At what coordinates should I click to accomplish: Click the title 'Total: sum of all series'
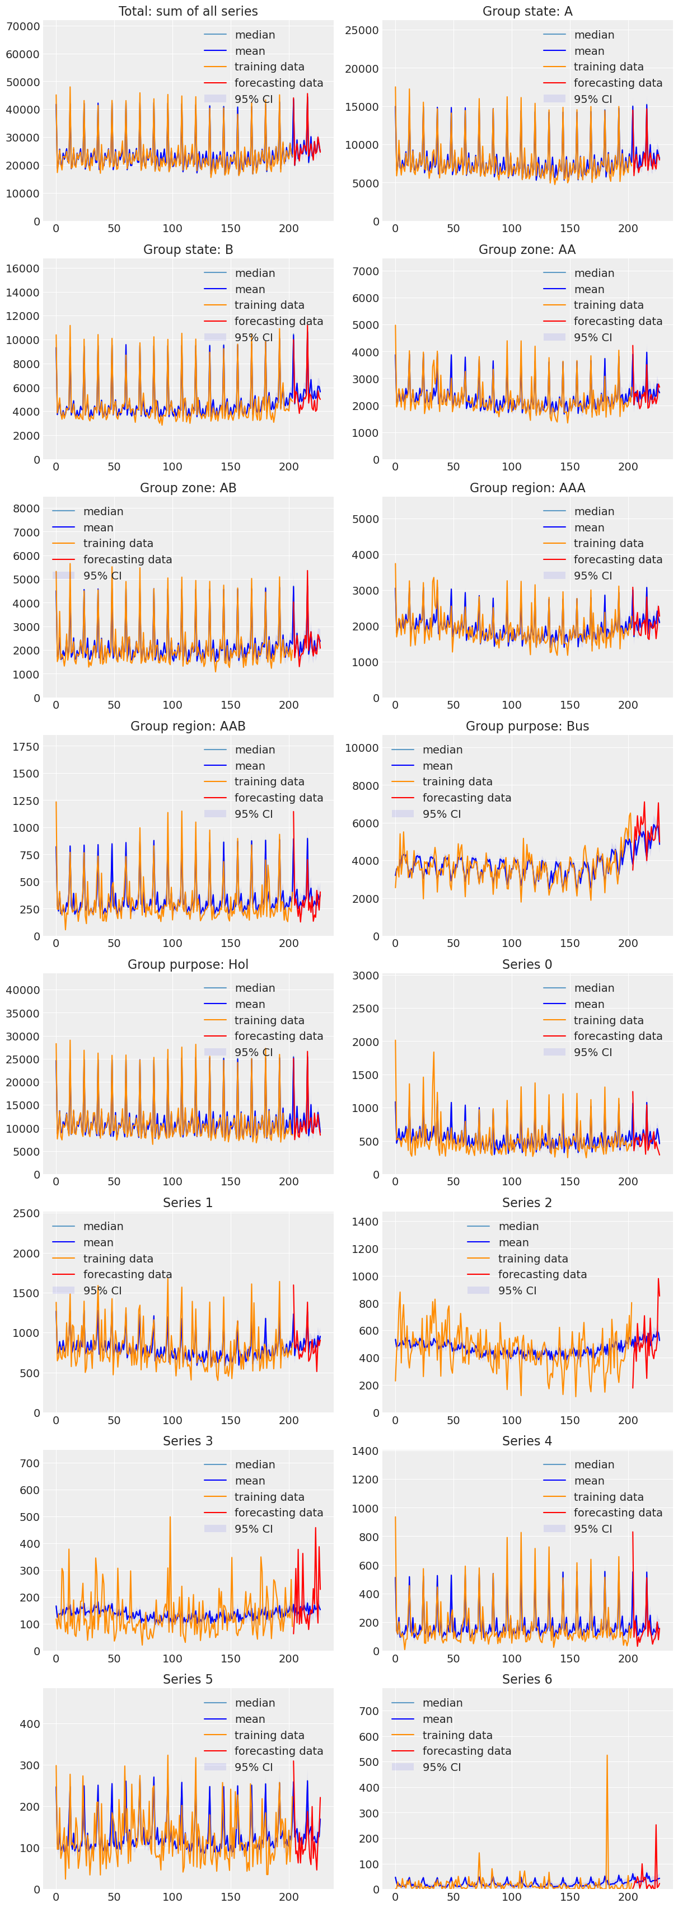click(x=188, y=11)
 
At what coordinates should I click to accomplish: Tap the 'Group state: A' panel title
click(x=527, y=11)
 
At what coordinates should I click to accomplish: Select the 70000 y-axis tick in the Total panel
click(x=23, y=27)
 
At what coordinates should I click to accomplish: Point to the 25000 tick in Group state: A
click(x=362, y=30)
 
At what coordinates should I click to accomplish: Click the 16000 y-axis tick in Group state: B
click(x=23, y=269)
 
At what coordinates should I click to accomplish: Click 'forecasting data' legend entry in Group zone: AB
click(x=128, y=559)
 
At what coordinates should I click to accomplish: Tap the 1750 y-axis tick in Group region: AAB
click(x=26, y=747)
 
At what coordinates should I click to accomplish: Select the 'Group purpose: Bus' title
click(x=527, y=726)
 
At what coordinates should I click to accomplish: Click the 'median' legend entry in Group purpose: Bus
click(x=442, y=750)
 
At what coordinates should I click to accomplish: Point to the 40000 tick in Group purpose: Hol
click(x=23, y=990)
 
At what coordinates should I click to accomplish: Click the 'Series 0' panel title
click(x=527, y=964)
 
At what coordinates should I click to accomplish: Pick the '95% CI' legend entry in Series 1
click(x=102, y=1290)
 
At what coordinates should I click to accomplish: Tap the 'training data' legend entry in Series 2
click(x=533, y=1259)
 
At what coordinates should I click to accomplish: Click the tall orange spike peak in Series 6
click(x=607, y=1755)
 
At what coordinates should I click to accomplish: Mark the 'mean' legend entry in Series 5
click(x=250, y=1719)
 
